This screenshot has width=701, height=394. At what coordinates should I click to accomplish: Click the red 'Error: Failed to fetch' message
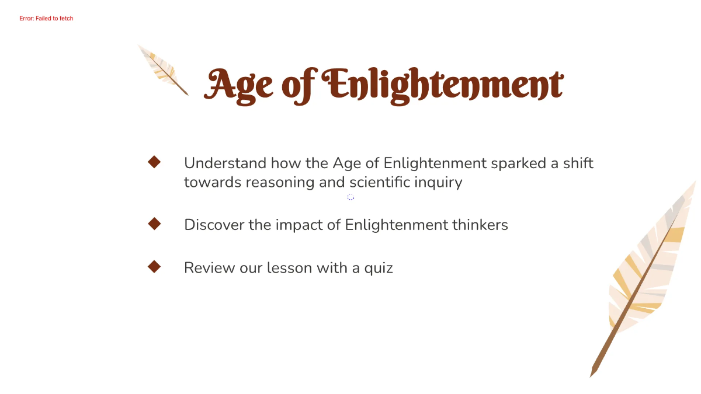(x=46, y=19)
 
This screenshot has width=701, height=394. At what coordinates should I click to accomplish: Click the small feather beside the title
(x=163, y=69)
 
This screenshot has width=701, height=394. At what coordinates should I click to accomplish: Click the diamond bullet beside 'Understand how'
(x=154, y=162)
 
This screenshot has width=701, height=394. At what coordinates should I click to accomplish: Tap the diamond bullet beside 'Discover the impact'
(x=154, y=224)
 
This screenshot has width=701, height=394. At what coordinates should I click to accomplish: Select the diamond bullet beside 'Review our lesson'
(x=154, y=267)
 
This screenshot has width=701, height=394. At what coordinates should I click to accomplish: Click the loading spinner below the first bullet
(x=350, y=197)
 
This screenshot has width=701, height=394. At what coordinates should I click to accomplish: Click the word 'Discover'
(x=213, y=225)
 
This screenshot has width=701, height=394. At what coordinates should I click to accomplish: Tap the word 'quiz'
(x=379, y=269)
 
